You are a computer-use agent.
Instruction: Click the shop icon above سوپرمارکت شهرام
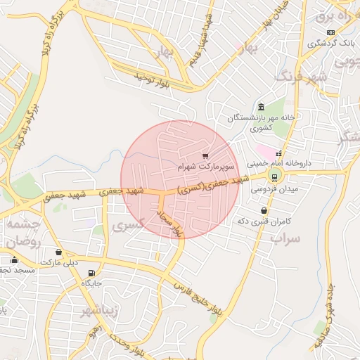point(205,155)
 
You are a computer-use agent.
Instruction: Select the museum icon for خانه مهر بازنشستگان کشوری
point(261,107)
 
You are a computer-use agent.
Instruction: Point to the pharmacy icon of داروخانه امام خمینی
point(278,153)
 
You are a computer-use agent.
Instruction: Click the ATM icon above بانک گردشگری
point(330,32)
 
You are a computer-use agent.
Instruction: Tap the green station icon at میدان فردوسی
point(274,176)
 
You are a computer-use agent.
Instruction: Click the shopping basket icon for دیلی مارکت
point(58,252)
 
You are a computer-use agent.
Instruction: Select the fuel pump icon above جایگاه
point(91,273)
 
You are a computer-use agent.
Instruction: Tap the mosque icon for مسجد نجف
point(14,260)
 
